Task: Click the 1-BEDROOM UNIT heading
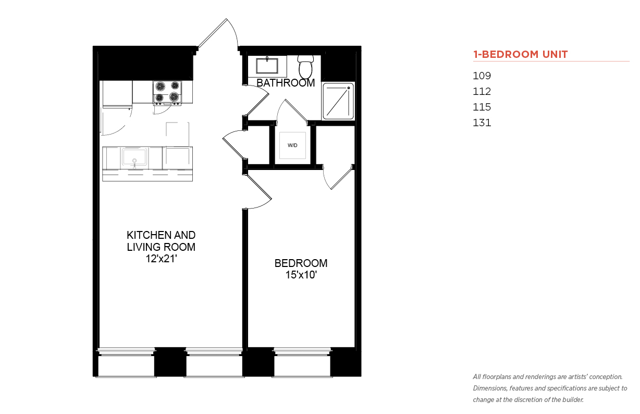520,54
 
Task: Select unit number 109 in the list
482,76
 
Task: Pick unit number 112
482,91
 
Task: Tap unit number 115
482,107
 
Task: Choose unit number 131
482,123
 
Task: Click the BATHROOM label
286,83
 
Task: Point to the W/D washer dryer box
292,145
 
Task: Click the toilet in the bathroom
305,67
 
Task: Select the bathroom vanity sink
267,66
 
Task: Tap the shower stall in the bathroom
338,101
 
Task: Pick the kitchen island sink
134,157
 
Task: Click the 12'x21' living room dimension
161,259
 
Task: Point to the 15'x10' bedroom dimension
301,275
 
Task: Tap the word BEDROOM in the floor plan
301,263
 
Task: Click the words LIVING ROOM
161,247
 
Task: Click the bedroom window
302,362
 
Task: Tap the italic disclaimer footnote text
550,388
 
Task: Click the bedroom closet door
339,178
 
